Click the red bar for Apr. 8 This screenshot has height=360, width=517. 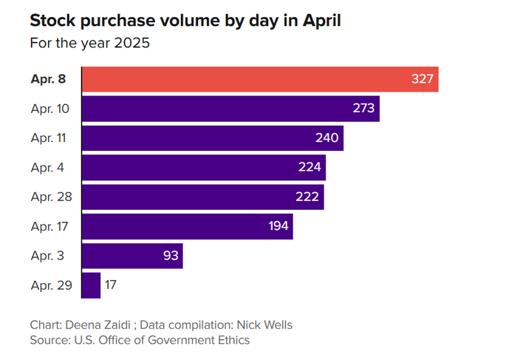pyautogui.click(x=260, y=79)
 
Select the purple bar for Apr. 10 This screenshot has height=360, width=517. pyautogui.click(x=230, y=109)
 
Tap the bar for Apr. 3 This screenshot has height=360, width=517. pyautogui.click(x=132, y=256)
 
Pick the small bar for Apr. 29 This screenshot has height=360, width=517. pyautogui.click(x=92, y=285)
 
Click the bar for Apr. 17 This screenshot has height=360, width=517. pyautogui.click(x=188, y=226)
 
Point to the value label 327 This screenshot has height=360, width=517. pyautogui.click(x=422, y=79)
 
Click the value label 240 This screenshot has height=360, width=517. pyautogui.click(x=326, y=138)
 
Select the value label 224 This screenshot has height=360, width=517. pyautogui.click(x=309, y=167)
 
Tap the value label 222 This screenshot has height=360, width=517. pyautogui.click(x=307, y=197)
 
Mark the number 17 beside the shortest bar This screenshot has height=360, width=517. pyautogui.click(x=111, y=285)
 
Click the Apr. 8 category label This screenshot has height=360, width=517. pyautogui.click(x=48, y=79)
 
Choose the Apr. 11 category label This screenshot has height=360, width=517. pyautogui.click(x=48, y=138)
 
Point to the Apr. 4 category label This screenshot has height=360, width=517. pyautogui.click(x=47, y=168)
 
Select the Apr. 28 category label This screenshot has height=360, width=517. pyautogui.click(x=51, y=197)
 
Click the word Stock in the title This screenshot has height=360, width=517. pyautogui.click(x=52, y=21)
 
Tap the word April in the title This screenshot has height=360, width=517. pyautogui.click(x=322, y=21)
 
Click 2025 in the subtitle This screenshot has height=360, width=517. pyautogui.click(x=132, y=43)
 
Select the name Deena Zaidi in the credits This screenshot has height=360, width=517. pyautogui.click(x=98, y=325)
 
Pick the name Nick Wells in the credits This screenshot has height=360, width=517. pyautogui.click(x=264, y=325)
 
